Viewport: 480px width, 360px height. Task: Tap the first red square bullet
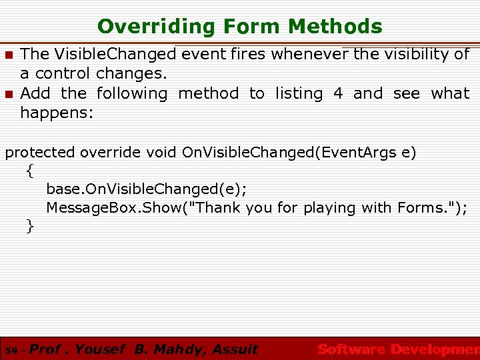pyautogui.click(x=9, y=54)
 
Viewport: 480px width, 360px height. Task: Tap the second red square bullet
pyautogui.click(x=9, y=93)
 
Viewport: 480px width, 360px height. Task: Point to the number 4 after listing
pyautogui.click(x=338, y=93)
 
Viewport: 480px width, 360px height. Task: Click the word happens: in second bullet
pyautogui.click(x=57, y=113)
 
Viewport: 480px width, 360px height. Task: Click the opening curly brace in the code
pyautogui.click(x=29, y=171)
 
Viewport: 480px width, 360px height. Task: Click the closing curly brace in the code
pyautogui.click(x=29, y=227)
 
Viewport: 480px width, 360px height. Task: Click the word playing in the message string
pyautogui.click(x=329, y=208)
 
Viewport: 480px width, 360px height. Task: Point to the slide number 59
pyautogui.click(x=10, y=350)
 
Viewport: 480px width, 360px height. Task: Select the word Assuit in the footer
pyautogui.click(x=234, y=349)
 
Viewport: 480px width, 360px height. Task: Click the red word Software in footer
pyautogui.click(x=351, y=349)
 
